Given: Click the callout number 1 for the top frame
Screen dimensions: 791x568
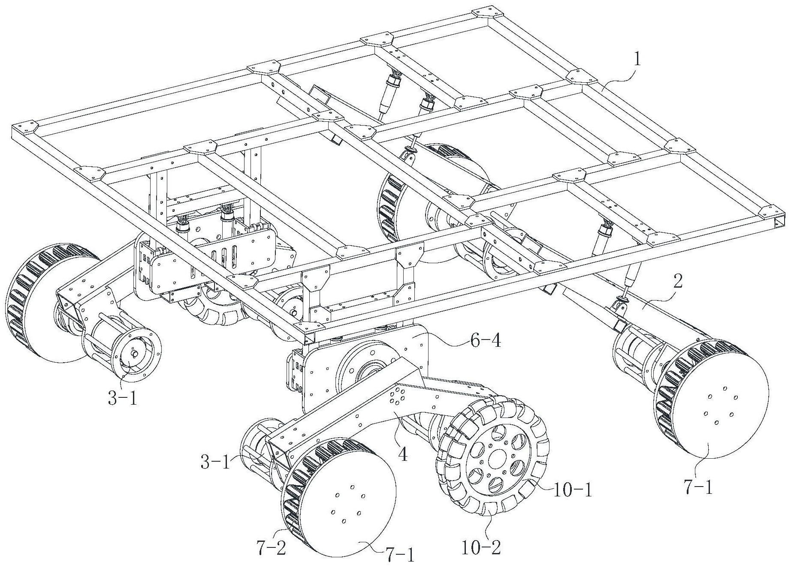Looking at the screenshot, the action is pos(637,60).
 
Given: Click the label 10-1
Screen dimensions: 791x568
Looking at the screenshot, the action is pos(572,490).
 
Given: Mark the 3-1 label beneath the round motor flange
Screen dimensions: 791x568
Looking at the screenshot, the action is pos(122,399).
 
